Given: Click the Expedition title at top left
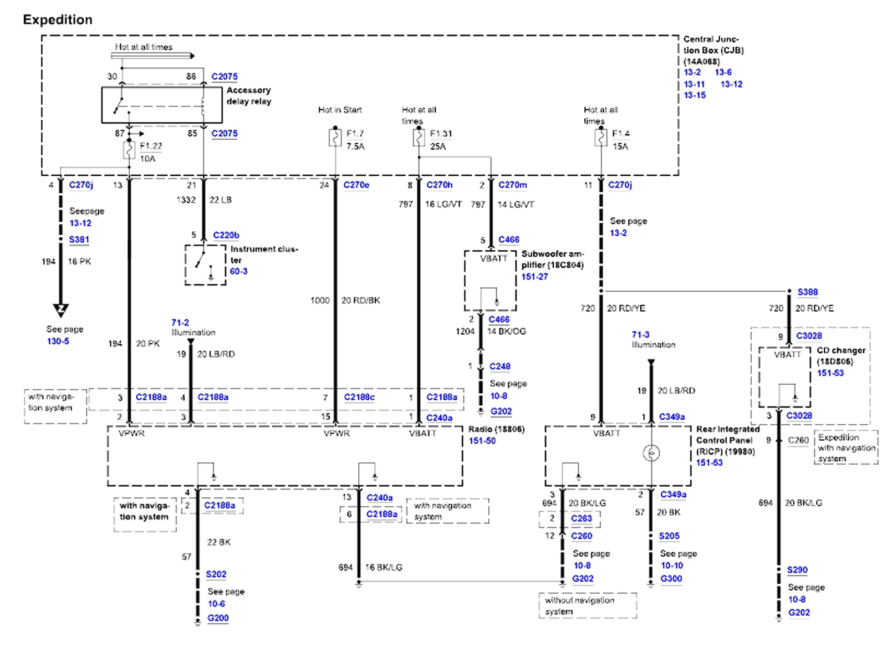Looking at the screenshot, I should [x=58, y=20].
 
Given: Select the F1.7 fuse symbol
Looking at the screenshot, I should [x=335, y=137].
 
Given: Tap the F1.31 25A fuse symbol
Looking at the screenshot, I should [x=419, y=137].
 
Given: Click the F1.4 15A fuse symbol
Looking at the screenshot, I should [x=601, y=137].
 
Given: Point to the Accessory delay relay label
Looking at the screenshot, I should [x=248, y=95].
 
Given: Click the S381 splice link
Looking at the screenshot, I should [x=79, y=240].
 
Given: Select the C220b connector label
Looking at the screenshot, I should [x=226, y=235].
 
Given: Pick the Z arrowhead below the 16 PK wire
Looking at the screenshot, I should [x=60, y=309].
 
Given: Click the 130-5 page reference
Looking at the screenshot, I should [x=58, y=341].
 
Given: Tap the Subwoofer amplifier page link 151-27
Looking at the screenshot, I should [x=534, y=276].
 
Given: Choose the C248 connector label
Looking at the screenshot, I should [x=499, y=366].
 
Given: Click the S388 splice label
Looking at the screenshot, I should [x=807, y=292].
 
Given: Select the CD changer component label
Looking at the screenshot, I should [x=840, y=350].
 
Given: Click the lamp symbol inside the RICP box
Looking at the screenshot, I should [x=651, y=453].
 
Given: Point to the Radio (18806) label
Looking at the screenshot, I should [x=496, y=429].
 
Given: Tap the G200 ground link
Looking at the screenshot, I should [x=218, y=618].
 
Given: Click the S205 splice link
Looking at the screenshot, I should [x=669, y=536].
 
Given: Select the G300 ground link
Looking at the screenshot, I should [x=671, y=578].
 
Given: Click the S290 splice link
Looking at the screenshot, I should [x=797, y=569].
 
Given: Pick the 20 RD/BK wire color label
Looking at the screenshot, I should [x=360, y=300].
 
